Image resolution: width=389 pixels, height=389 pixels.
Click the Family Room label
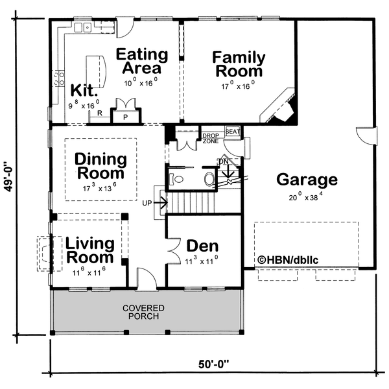click(237, 64)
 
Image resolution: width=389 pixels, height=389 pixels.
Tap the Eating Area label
click(142, 60)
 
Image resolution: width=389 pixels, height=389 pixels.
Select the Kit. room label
click(85, 91)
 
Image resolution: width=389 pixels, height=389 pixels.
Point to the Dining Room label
click(100, 166)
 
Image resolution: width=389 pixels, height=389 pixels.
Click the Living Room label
click(89, 250)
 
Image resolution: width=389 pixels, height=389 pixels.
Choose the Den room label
click(202, 246)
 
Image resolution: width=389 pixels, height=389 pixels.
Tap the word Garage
click(307, 180)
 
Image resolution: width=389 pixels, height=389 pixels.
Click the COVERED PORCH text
click(147, 312)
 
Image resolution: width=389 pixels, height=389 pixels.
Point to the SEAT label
click(233, 132)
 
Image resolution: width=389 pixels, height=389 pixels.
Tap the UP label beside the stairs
click(147, 203)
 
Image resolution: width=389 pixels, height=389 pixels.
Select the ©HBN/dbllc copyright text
click(289, 260)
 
